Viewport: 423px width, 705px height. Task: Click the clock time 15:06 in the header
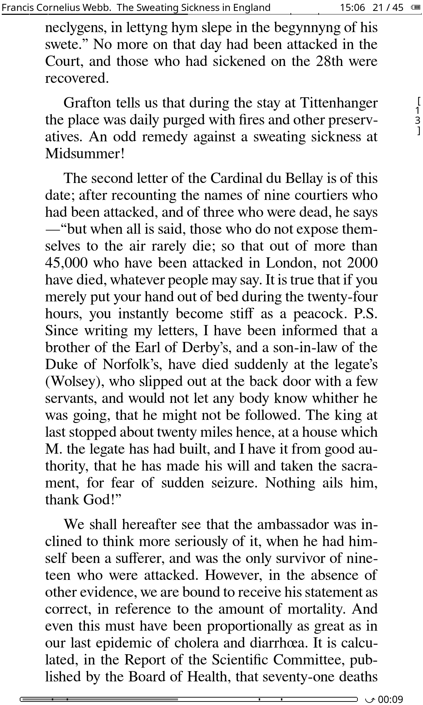(352, 7)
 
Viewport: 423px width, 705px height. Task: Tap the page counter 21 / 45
(388, 7)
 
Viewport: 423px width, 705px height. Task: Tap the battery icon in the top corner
(416, 7)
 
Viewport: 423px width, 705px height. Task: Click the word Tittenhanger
(338, 103)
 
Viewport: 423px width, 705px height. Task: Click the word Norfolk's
(132, 364)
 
